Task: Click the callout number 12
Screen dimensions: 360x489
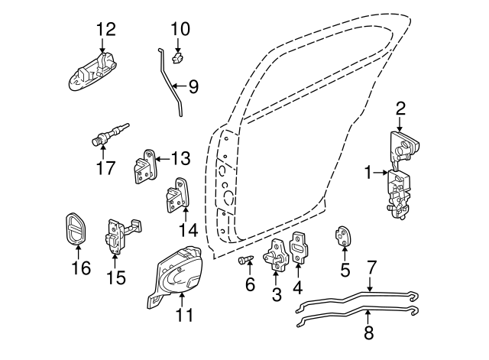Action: (105, 30)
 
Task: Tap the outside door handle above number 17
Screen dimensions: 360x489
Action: (96, 71)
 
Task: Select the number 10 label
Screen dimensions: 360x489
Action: (180, 29)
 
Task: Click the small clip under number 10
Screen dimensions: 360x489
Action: (178, 55)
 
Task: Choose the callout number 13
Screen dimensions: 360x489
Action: (180, 159)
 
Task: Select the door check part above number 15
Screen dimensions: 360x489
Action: (118, 233)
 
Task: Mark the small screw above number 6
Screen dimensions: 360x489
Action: (244, 261)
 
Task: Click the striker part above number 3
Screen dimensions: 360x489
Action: (277, 256)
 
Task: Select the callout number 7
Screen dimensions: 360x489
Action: (371, 268)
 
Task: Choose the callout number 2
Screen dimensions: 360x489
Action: (400, 109)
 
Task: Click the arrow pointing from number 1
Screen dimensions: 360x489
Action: (381, 174)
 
